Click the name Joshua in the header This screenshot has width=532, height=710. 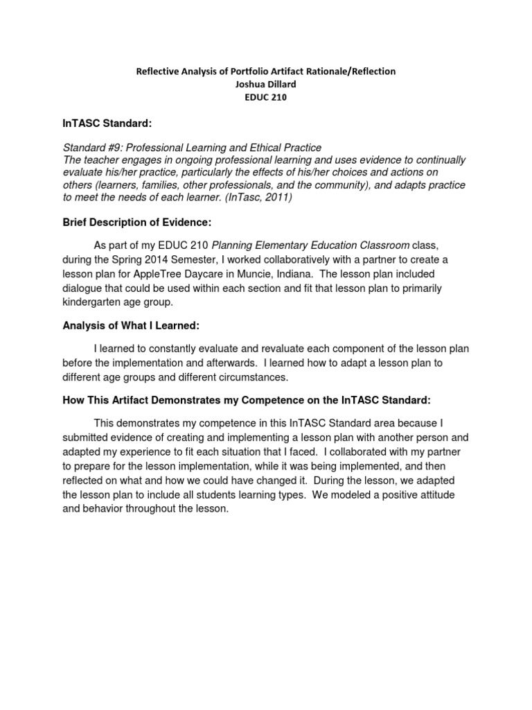coord(246,85)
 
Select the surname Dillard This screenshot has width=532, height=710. coord(278,85)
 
